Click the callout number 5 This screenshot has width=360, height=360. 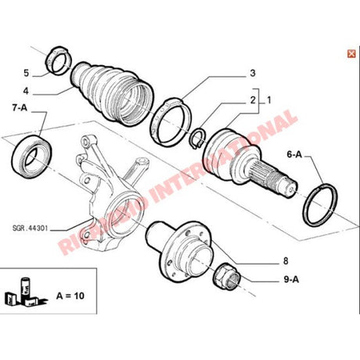(x=26, y=73)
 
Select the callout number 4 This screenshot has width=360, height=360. (x=26, y=91)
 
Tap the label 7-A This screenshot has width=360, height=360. (x=20, y=107)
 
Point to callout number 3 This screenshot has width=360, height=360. (x=252, y=73)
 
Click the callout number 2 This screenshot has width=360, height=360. (x=252, y=100)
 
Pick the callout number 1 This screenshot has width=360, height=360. (x=268, y=100)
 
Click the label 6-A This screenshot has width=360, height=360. (x=294, y=154)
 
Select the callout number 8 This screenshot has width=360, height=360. (x=286, y=261)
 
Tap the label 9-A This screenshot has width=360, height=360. (x=291, y=279)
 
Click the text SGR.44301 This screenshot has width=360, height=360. (x=30, y=229)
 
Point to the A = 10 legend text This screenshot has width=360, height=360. (x=70, y=296)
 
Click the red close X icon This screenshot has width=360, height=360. (x=351, y=54)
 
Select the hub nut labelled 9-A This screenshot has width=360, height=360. (x=226, y=276)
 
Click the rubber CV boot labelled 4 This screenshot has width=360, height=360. (x=113, y=94)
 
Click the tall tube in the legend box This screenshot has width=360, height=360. (x=25, y=288)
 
